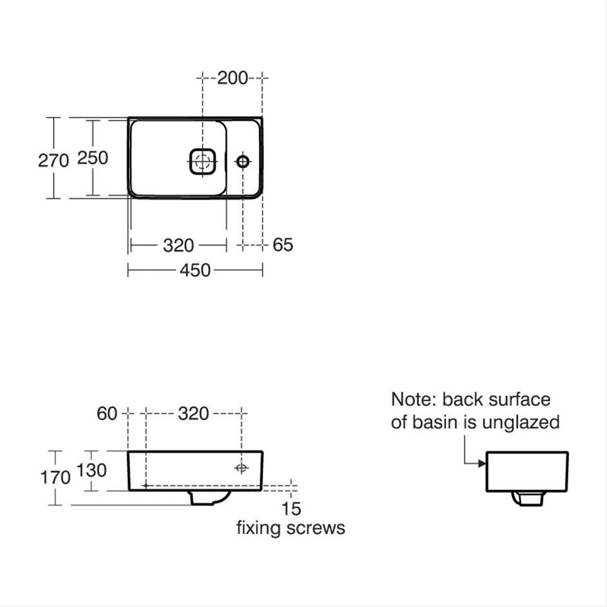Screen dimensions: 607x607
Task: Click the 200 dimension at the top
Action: [232, 78]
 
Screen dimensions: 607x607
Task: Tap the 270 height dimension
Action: [54, 160]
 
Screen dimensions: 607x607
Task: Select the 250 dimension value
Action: [92, 158]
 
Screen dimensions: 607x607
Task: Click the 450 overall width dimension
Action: [195, 270]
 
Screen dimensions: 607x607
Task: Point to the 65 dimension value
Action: [283, 245]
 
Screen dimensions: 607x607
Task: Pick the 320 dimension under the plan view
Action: [178, 245]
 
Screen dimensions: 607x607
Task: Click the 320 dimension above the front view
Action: [194, 414]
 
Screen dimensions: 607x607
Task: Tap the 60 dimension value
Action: [107, 414]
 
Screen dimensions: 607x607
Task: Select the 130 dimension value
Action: [91, 471]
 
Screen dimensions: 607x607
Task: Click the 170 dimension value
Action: [56, 478]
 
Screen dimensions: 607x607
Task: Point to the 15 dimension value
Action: [291, 509]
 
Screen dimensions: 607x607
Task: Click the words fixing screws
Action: [291, 528]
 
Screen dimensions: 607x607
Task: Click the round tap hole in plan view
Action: [243, 161]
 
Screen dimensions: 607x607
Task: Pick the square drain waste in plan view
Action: [201, 161]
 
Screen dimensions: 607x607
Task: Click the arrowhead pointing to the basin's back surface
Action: [482, 464]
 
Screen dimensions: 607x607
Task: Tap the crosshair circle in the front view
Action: [241, 468]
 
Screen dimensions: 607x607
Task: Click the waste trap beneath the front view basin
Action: [209, 499]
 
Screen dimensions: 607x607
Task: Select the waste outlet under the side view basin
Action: [528, 499]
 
